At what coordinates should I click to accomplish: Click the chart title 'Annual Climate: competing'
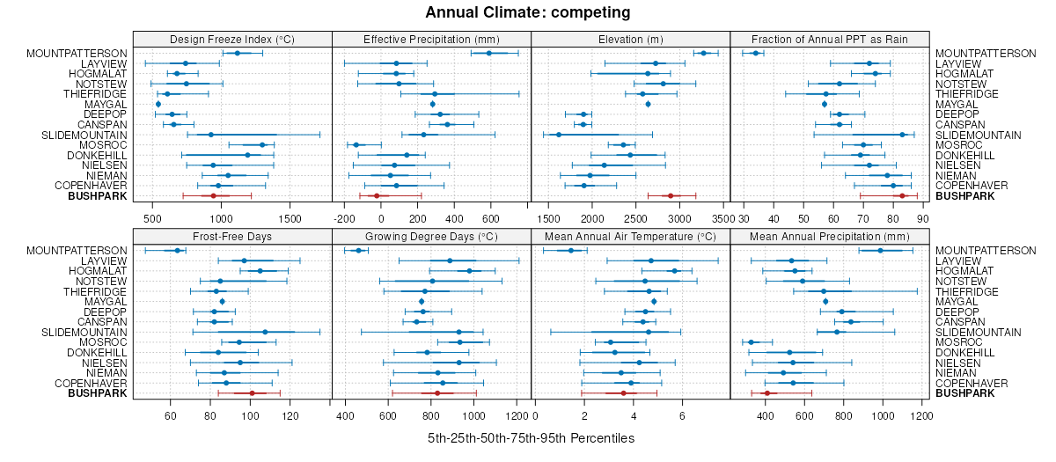click(x=528, y=12)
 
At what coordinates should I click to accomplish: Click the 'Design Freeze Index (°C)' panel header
click(x=232, y=39)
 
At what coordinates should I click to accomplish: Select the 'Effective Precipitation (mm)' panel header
click(x=432, y=39)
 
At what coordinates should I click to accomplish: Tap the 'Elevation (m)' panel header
click(x=631, y=39)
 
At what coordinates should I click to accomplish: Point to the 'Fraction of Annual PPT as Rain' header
click(x=830, y=39)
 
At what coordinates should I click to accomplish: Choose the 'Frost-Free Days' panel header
click(x=232, y=236)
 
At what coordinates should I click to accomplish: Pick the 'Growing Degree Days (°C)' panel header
click(x=432, y=236)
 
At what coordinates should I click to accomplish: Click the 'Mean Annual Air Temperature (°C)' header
click(x=631, y=236)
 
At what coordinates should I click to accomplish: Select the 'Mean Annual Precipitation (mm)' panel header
click(x=830, y=236)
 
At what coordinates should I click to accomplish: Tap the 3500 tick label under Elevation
click(x=722, y=217)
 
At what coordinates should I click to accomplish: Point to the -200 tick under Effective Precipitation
click(x=342, y=217)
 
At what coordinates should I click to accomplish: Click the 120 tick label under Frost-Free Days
click(x=290, y=414)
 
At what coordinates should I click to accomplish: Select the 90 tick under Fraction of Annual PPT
click(x=922, y=217)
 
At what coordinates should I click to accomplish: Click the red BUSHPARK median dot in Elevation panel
click(x=671, y=195)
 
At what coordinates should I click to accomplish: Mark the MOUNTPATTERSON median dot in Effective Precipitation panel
click(x=489, y=54)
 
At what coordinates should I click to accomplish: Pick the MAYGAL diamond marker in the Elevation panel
click(x=649, y=105)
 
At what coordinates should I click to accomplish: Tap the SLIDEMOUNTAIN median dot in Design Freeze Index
click(x=211, y=135)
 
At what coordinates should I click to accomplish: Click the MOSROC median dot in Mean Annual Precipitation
click(x=751, y=342)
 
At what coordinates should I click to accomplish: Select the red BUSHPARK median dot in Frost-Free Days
click(x=252, y=393)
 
